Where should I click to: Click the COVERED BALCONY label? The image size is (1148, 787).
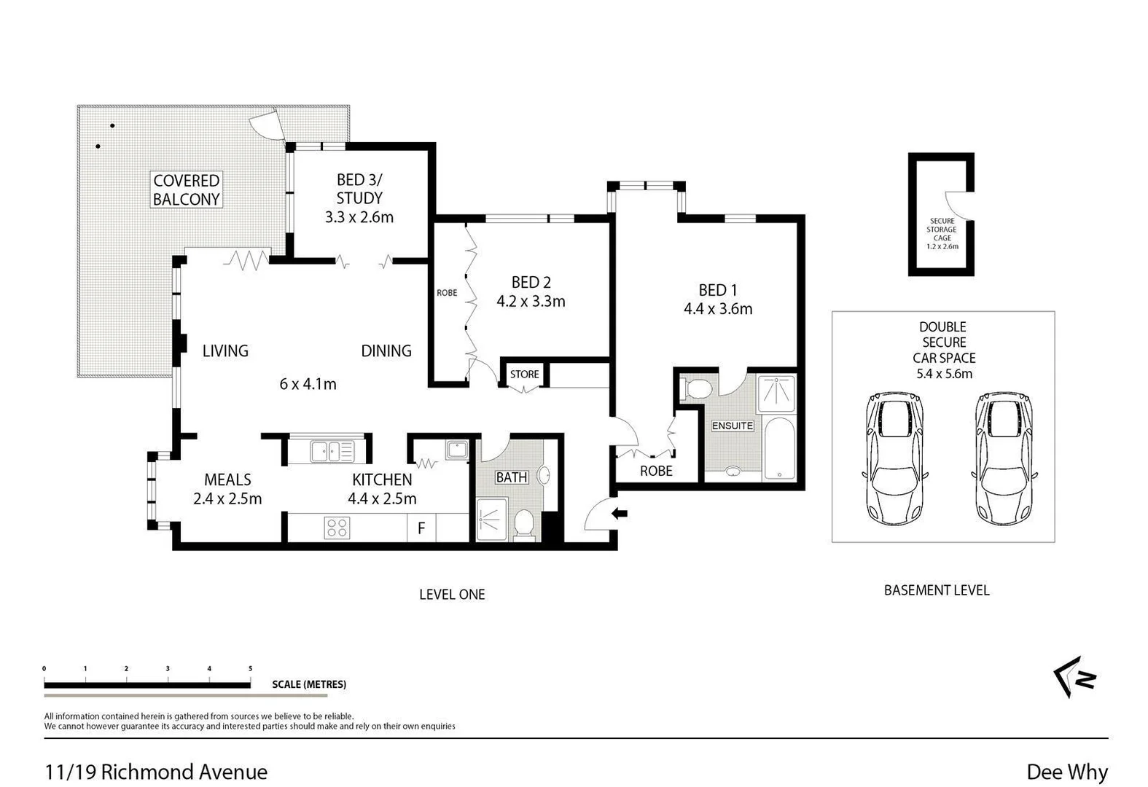(x=186, y=189)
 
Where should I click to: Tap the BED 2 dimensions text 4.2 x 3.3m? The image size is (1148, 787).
(x=531, y=301)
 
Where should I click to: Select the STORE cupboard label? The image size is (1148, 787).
(x=524, y=374)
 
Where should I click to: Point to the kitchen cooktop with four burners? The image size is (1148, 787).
(x=337, y=528)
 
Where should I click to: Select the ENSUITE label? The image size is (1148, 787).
(x=732, y=426)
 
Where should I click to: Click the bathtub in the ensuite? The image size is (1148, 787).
(x=779, y=448)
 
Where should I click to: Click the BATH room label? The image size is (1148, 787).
(x=511, y=477)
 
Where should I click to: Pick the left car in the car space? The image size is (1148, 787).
(x=894, y=458)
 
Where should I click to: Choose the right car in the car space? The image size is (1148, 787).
(x=1004, y=458)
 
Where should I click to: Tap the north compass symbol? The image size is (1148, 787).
(x=1076, y=677)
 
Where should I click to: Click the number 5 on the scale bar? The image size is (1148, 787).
(x=250, y=668)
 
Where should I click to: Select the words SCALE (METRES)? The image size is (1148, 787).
(x=309, y=684)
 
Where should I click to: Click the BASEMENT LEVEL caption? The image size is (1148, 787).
(x=936, y=590)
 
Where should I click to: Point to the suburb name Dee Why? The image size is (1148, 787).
(x=1066, y=772)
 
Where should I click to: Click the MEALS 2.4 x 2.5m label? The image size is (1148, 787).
(x=227, y=489)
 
